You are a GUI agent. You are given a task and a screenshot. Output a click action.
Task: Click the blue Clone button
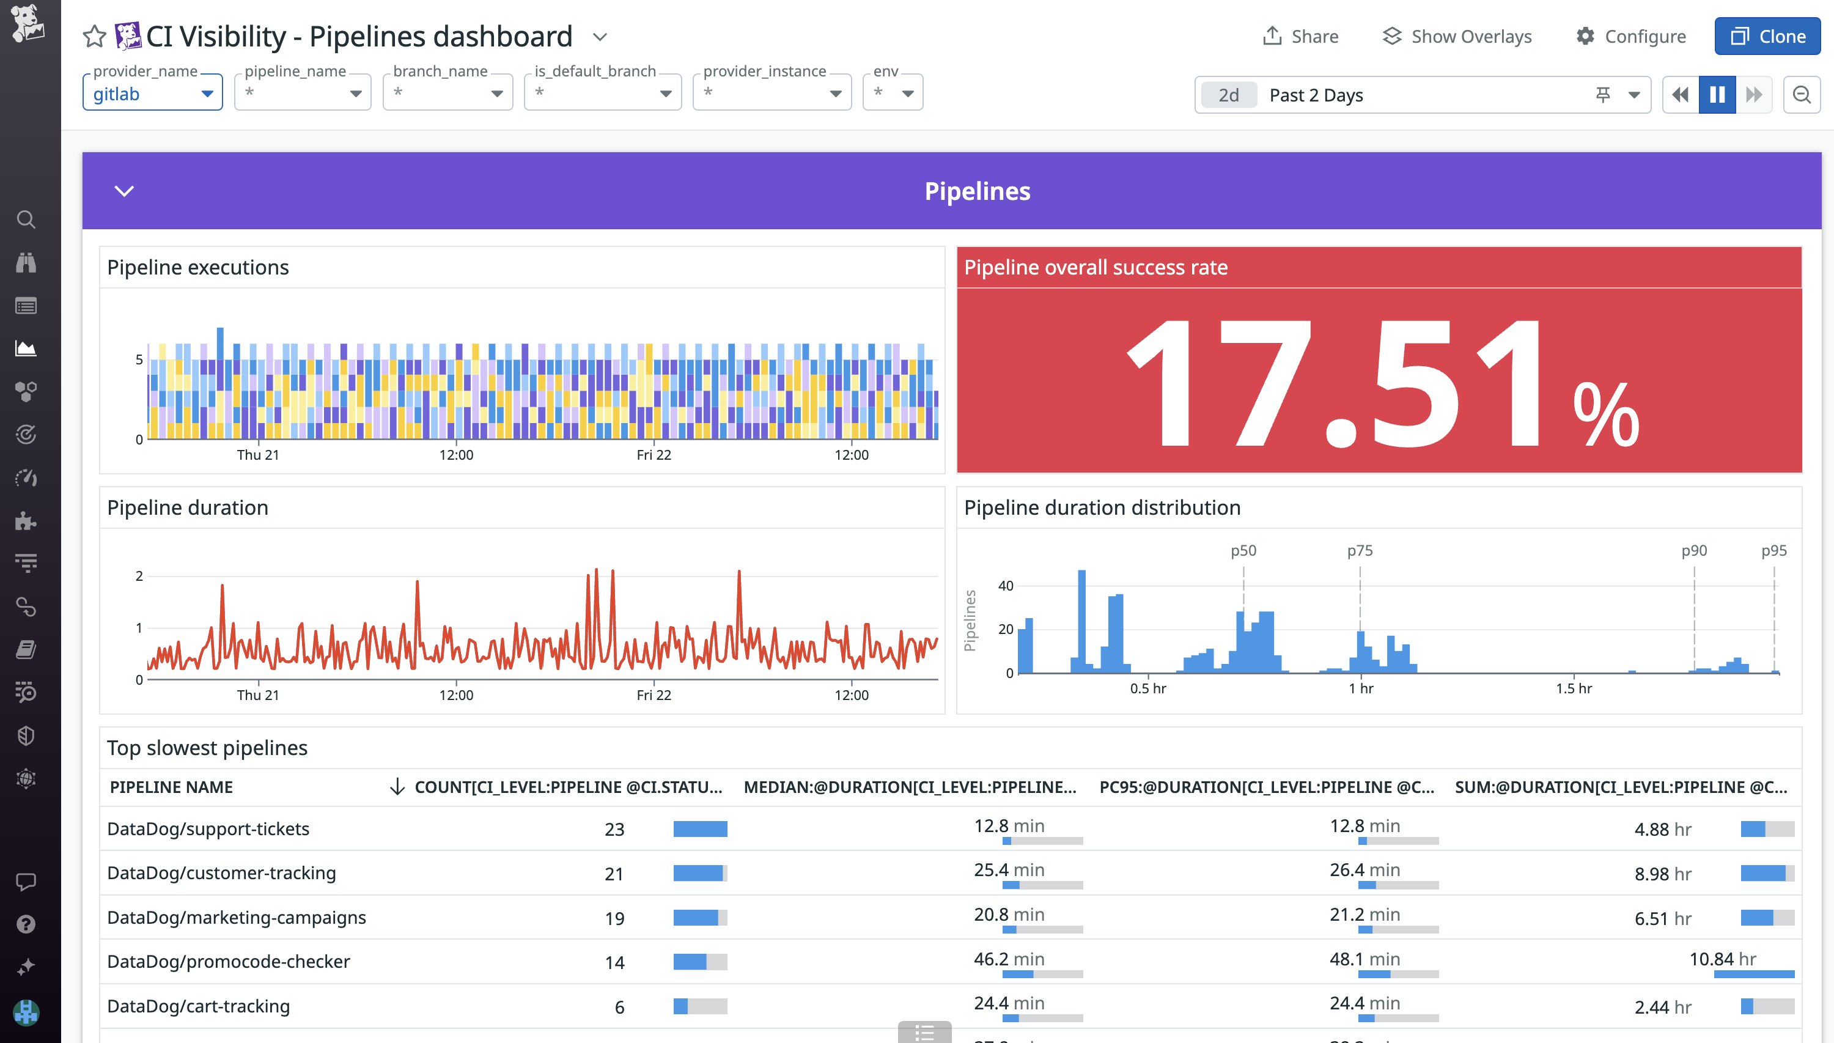[1767, 37]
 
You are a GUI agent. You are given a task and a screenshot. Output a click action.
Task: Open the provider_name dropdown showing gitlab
[153, 94]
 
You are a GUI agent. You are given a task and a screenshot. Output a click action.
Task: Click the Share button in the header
[1300, 37]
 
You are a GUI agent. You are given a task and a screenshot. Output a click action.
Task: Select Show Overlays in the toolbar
[1457, 37]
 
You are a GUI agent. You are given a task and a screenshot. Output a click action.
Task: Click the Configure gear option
[1630, 37]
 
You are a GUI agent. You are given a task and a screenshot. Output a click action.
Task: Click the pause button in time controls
[1717, 95]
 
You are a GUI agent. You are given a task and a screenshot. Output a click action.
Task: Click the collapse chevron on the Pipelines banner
[124, 191]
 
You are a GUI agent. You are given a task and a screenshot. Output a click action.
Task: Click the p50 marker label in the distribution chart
[1243, 550]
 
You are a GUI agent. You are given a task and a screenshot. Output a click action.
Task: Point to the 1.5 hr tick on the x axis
[1574, 688]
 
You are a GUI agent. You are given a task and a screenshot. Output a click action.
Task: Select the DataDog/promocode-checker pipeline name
[229, 961]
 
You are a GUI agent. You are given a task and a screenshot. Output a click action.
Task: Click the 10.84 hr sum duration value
[1722, 959]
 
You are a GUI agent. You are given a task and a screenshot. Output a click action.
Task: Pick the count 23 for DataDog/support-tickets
[614, 830]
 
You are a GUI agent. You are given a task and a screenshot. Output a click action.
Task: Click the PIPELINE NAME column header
[171, 787]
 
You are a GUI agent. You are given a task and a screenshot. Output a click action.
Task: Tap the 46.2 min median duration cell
[1008, 959]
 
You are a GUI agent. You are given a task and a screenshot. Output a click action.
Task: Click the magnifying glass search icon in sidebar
[26, 219]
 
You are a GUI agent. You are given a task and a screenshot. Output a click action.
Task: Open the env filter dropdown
[893, 94]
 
